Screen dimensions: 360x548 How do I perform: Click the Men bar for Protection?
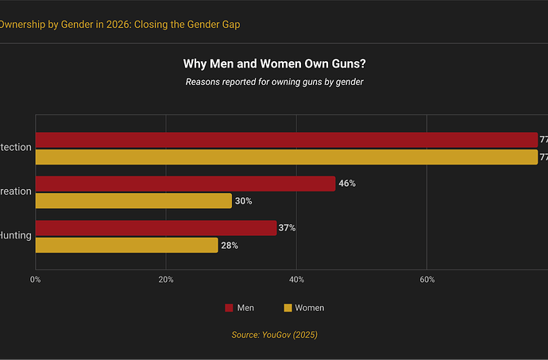click(x=286, y=140)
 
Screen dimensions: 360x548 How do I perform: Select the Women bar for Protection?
click(x=286, y=157)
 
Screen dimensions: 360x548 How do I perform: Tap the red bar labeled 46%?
click(x=185, y=184)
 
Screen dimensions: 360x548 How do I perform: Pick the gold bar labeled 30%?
click(x=133, y=201)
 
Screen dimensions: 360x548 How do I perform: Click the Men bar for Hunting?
click(x=156, y=228)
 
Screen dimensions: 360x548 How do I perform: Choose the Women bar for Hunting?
click(x=126, y=246)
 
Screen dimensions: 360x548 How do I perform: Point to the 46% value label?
click(x=347, y=184)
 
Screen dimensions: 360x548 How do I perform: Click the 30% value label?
click(x=243, y=201)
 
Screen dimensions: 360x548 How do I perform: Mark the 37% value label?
click(x=287, y=228)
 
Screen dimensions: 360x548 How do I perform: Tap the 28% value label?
click(x=229, y=246)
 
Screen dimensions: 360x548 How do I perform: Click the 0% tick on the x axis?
click(x=35, y=280)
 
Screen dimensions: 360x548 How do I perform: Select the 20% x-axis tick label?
click(x=165, y=280)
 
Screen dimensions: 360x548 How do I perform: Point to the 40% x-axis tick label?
click(x=296, y=280)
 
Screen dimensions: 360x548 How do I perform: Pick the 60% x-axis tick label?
click(x=426, y=280)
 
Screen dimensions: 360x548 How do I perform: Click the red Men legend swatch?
click(x=229, y=308)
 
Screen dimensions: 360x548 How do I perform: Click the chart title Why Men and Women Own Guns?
click(x=274, y=64)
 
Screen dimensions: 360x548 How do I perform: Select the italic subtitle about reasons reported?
click(x=274, y=81)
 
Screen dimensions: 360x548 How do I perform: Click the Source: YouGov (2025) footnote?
click(x=274, y=335)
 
